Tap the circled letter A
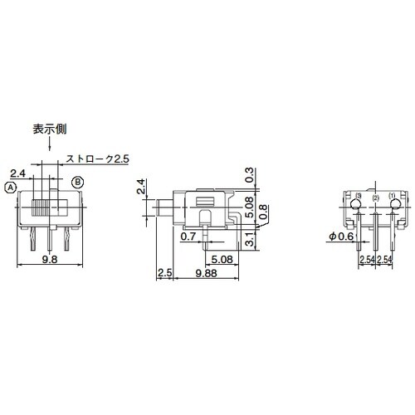(x=11, y=188)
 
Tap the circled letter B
(x=77, y=181)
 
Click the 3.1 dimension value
(x=250, y=242)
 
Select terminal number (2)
(x=375, y=198)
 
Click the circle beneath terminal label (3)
(x=355, y=205)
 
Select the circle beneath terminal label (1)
(x=395, y=205)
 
